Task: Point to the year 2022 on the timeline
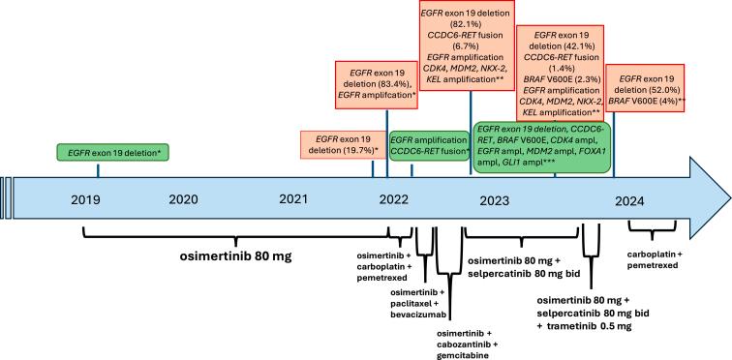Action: point(392,200)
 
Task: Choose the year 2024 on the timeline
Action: point(629,200)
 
